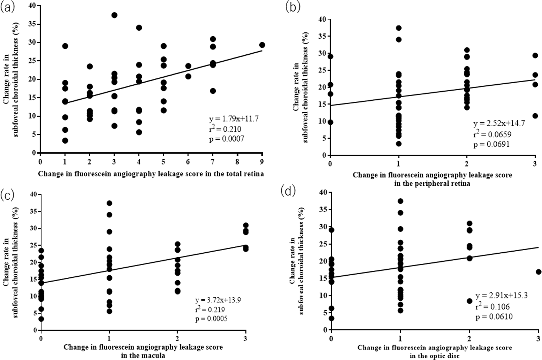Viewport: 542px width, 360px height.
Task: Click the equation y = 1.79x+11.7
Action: pyautogui.click(x=234, y=119)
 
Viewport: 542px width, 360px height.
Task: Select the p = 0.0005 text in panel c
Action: pyautogui.click(x=211, y=318)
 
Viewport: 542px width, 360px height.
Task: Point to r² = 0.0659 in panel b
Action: pyautogui.click(x=492, y=134)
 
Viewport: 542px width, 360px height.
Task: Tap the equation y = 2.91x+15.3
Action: pyautogui.click(x=501, y=295)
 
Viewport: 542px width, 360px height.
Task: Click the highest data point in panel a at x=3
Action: pyautogui.click(x=114, y=15)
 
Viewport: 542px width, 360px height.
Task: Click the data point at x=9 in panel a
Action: pyautogui.click(x=262, y=45)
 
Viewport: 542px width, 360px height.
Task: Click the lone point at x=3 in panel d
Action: pyautogui.click(x=538, y=272)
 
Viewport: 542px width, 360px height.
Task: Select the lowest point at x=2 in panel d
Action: pyautogui.click(x=470, y=301)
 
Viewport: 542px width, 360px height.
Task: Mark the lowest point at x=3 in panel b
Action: pyautogui.click(x=535, y=116)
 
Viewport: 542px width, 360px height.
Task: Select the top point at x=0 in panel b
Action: pyautogui.click(x=330, y=56)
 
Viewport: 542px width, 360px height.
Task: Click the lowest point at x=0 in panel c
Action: pyautogui.click(x=41, y=319)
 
